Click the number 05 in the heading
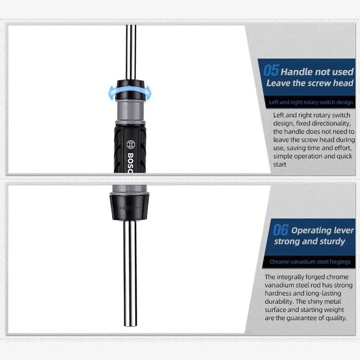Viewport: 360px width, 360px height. click(271, 71)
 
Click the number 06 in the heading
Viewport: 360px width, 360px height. click(280, 230)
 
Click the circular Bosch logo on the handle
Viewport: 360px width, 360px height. click(131, 144)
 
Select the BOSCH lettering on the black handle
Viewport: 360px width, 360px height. click(130, 162)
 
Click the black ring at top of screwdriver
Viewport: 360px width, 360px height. click(130, 90)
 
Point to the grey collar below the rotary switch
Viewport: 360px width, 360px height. click(130, 110)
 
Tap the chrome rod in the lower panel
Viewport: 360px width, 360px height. click(130, 273)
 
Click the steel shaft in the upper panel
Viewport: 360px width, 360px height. click(131, 52)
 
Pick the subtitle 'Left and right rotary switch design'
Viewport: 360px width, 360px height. click(311, 102)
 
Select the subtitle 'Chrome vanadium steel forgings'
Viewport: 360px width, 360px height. click(310, 262)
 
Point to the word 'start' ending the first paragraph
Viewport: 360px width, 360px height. click(279, 164)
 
